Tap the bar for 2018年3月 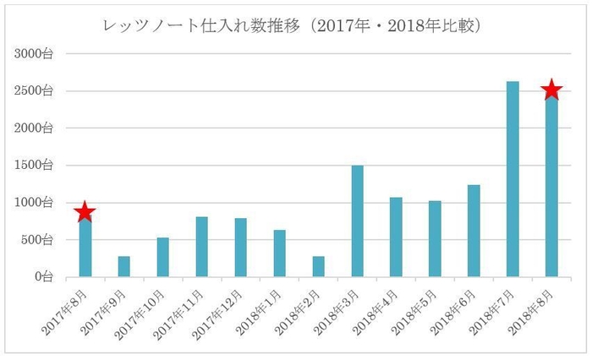pos(357,221)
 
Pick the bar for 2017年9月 pos(124,266)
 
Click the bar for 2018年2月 pos(319,266)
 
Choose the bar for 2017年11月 pos(202,247)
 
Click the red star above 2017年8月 pos(85,212)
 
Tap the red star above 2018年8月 pos(551,90)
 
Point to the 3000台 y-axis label pos(33,54)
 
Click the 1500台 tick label pos(33,165)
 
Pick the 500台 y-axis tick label pos(36,239)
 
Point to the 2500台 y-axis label pos(33,91)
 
